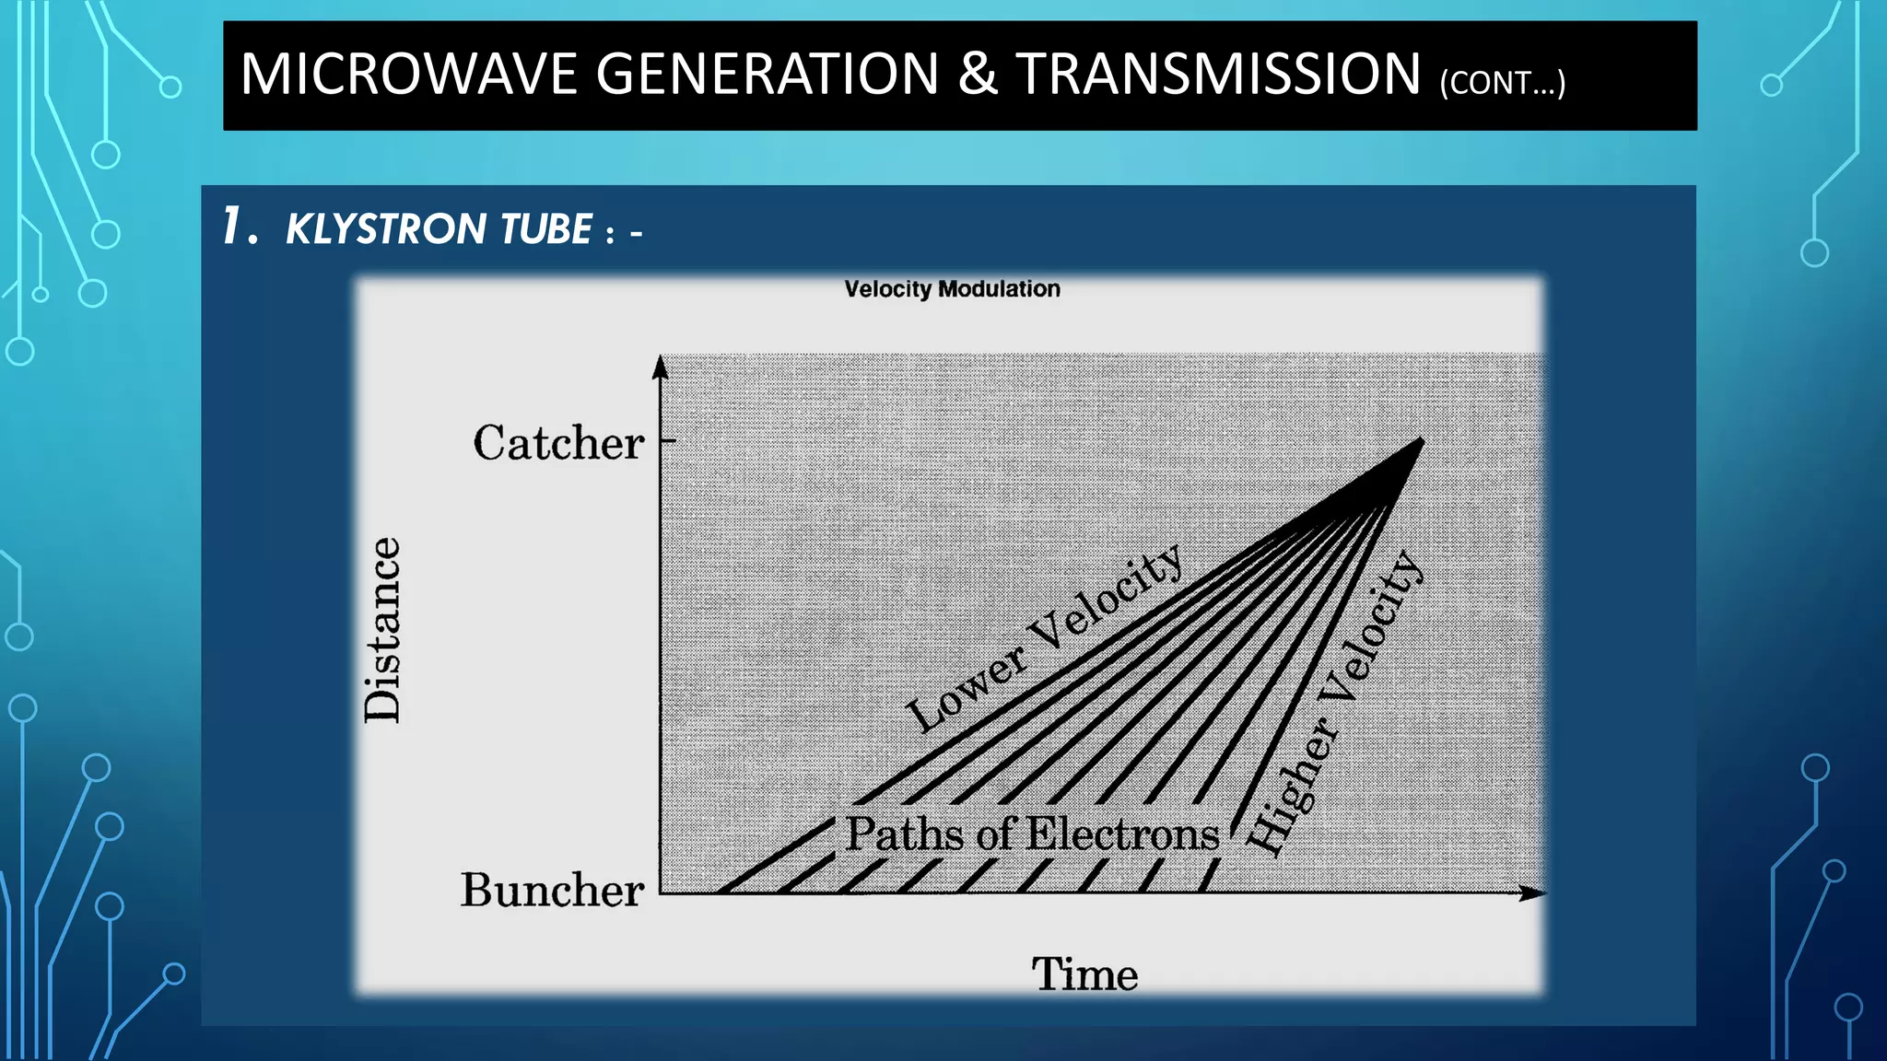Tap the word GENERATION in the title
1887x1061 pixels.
click(x=767, y=75)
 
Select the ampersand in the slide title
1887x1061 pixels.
click(x=978, y=75)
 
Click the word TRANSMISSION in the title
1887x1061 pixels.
click(x=1219, y=75)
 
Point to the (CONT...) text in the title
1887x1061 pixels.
click(x=1503, y=83)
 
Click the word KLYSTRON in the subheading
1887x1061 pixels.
click(x=386, y=229)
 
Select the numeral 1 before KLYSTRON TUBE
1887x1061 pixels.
click(x=234, y=227)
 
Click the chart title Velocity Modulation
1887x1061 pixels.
click(x=952, y=289)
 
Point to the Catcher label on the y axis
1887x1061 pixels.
click(x=558, y=443)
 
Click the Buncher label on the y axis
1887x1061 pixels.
click(x=552, y=891)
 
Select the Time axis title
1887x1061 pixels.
click(x=1084, y=974)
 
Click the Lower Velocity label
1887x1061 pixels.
click(x=1045, y=637)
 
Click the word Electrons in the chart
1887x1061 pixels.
click(x=1122, y=834)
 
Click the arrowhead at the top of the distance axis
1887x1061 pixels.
click(x=660, y=367)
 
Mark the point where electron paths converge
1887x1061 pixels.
click(x=1420, y=442)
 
